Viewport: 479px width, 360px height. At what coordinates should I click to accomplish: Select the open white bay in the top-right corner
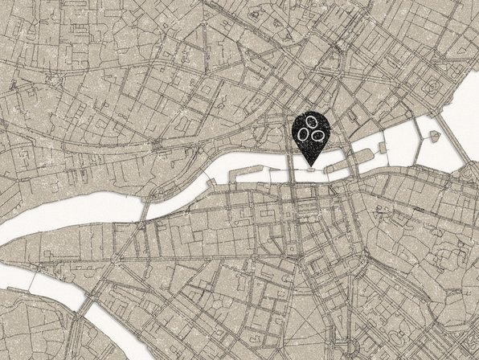[x=464, y=104]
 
